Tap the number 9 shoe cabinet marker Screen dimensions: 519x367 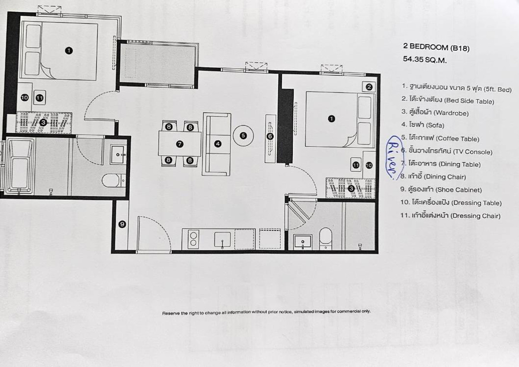click(x=122, y=224)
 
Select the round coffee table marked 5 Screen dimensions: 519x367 click(x=243, y=135)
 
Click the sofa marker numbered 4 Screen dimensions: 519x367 click(x=218, y=144)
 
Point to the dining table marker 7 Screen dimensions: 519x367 click(x=179, y=144)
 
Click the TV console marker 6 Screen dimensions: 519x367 click(x=270, y=136)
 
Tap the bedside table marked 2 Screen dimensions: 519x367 click(x=369, y=87)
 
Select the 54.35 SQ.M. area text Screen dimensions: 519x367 click(x=425, y=60)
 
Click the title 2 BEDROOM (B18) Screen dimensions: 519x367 click(x=436, y=47)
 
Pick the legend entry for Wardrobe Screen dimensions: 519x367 click(x=435, y=113)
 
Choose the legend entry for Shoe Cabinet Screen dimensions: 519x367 click(x=441, y=190)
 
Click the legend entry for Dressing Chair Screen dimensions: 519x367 click(x=450, y=216)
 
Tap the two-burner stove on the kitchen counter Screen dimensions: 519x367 click(x=193, y=239)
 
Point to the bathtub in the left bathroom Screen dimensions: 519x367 click(x=20, y=166)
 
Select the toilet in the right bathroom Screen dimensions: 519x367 click(x=326, y=239)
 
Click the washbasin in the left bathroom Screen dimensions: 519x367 click(x=118, y=154)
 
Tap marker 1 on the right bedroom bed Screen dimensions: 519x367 click(x=332, y=119)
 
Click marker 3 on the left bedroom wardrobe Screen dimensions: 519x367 click(x=43, y=122)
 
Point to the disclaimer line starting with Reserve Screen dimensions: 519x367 click(x=266, y=312)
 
